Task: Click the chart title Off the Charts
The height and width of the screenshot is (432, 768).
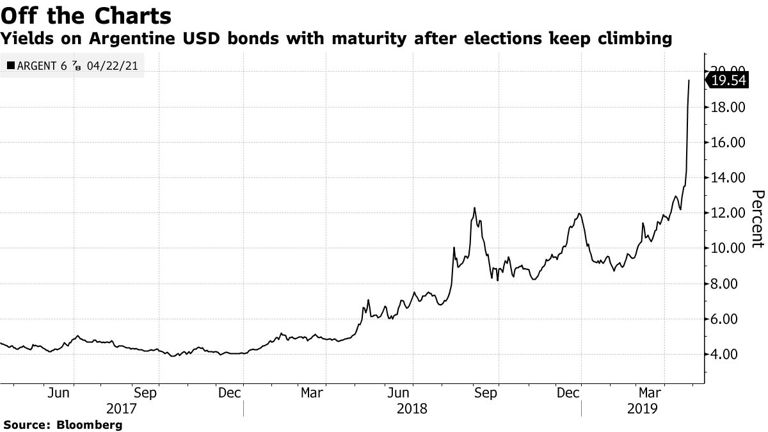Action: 86,15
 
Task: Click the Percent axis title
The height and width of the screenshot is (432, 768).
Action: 756,218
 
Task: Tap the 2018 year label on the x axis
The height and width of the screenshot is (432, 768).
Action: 413,408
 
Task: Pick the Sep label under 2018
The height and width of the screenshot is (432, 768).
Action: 486,393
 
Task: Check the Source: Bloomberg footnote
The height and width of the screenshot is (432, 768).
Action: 63,424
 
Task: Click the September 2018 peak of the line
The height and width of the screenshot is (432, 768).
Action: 474,208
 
